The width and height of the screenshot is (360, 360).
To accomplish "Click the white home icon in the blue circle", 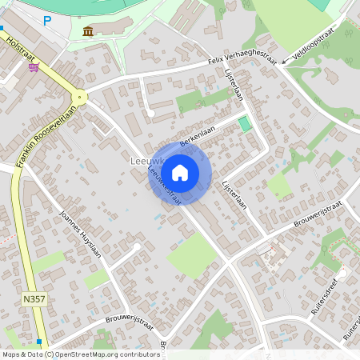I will click(180, 172).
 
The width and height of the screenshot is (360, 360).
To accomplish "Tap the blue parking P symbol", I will click(47, 21).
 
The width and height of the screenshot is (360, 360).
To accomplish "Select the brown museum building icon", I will click(87, 31).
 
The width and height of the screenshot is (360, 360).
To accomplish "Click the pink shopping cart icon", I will click(34, 67).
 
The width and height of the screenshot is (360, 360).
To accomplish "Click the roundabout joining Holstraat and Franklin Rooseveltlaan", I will click(78, 97).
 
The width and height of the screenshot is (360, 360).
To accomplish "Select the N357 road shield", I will click(32, 298).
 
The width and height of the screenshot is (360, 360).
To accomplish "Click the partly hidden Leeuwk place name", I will click(142, 161).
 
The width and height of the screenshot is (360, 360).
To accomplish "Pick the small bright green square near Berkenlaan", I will click(244, 125).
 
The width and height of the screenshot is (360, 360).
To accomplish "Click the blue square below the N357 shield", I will click(38, 342).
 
